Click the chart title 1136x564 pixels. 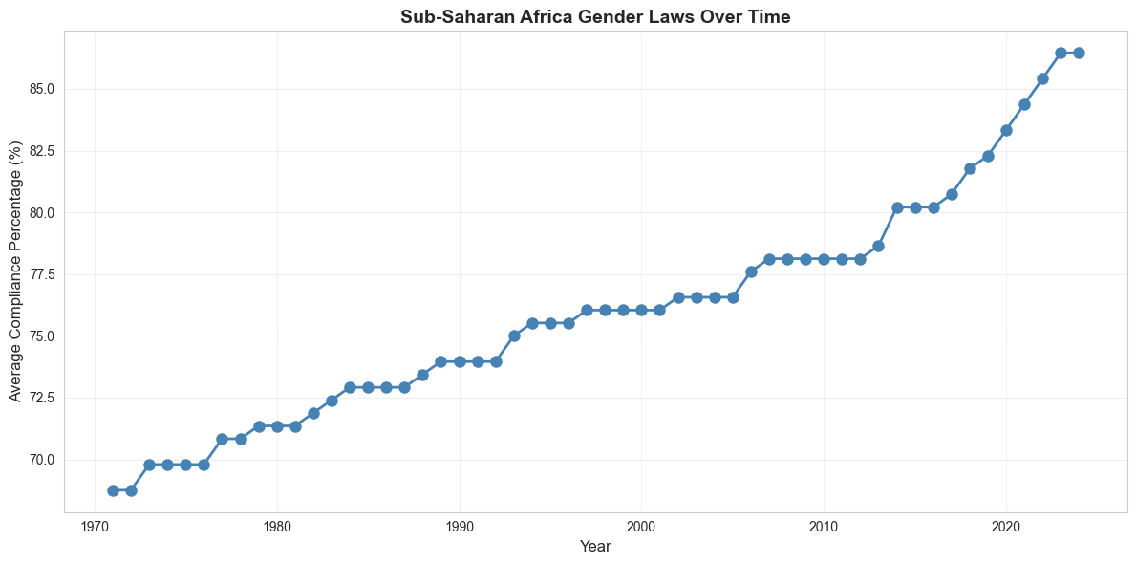click(x=595, y=16)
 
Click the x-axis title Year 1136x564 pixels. click(x=595, y=547)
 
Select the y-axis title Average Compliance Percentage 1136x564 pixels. click(x=15, y=272)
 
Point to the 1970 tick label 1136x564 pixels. click(x=95, y=527)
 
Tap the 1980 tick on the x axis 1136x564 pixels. click(x=277, y=527)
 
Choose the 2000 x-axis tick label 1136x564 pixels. click(x=641, y=527)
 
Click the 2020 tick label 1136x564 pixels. click(x=1005, y=527)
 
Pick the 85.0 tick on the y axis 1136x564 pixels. click(x=42, y=89)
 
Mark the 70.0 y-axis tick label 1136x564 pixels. click(x=42, y=460)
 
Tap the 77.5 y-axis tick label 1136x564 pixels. click(x=42, y=274)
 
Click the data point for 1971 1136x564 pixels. click(x=113, y=490)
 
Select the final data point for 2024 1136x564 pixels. click(x=1079, y=53)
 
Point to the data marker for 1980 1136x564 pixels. click(x=277, y=426)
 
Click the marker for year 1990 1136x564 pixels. click(x=460, y=361)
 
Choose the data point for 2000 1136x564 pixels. click(x=641, y=310)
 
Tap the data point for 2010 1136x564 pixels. click(x=824, y=259)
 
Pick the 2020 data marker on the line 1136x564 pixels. click(x=1006, y=130)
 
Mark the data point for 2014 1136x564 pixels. click(x=897, y=207)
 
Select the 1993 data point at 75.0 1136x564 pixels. click(x=514, y=336)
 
